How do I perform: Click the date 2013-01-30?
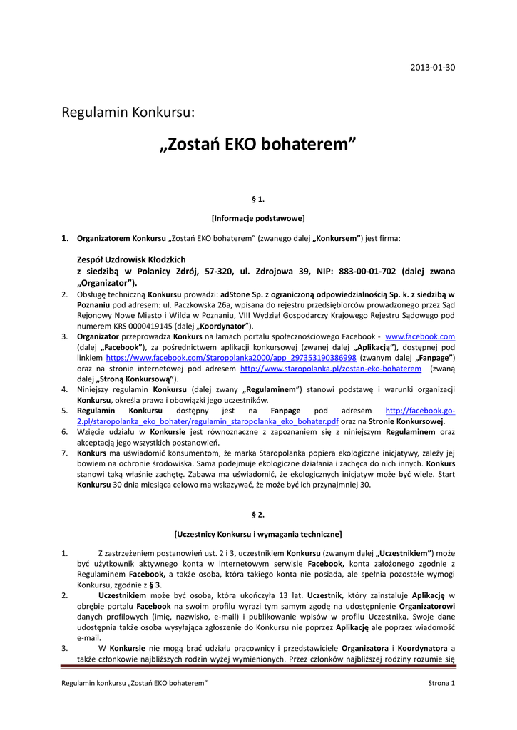tap(433, 68)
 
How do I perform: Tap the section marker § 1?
tap(258, 200)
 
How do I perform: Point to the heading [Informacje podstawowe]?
tap(258, 218)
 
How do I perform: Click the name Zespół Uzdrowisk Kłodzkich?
tap(131, 259)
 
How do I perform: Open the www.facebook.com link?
tap(420, 336)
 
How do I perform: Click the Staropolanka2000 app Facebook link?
tap(231, 358)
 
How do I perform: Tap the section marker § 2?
tap(258, 514)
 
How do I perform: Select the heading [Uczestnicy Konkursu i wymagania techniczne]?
tap(258, 533)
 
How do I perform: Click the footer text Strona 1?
tap(436, 683)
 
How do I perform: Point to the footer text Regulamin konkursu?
tap(93, 683)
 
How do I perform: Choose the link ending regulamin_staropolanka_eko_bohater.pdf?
tap(220, 422)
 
